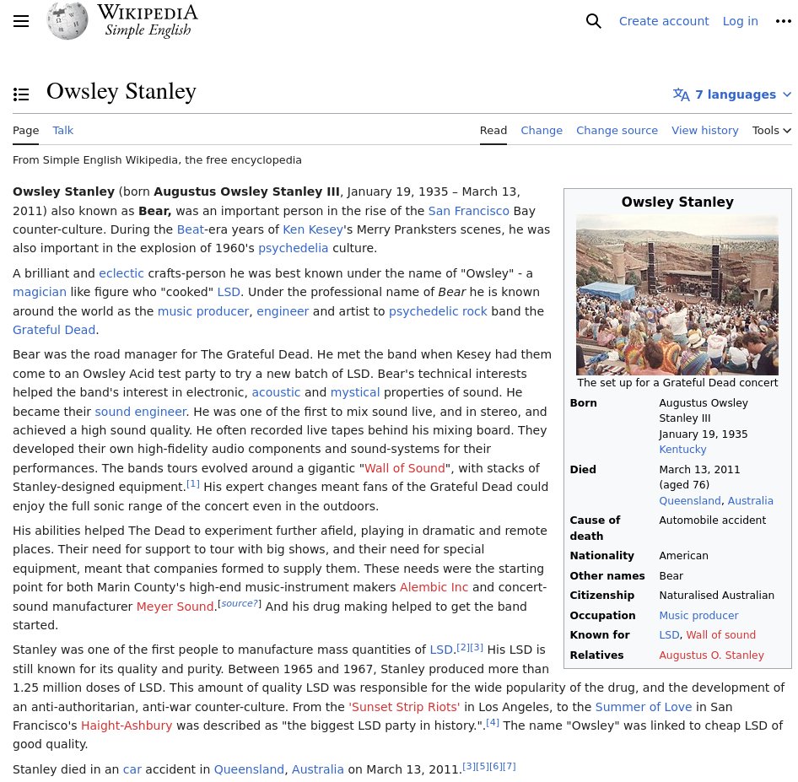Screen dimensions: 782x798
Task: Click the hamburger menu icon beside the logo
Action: [x=21, y=21]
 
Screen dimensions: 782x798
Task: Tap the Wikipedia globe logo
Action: [x=67, y=21]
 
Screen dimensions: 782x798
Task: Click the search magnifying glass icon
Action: [x=594, y=21]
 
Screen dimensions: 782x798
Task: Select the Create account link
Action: [x=664, y=21]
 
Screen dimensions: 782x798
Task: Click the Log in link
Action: [x=740, y=21]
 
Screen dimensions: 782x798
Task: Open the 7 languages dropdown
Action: [x=732, y=94]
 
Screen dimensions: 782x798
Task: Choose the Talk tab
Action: [x=62, y=130]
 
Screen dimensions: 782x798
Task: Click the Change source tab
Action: [x=617, y=130]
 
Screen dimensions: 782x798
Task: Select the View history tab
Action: [x=704, y=130]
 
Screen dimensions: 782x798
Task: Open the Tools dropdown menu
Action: [x=771, y=130]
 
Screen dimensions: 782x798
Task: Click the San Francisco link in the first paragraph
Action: [x=468, y=211]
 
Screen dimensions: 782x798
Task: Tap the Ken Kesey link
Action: [x=313, y=229]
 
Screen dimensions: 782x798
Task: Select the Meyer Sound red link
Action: [x=175, y=607]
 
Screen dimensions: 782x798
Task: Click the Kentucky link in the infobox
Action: [x=682, y=450]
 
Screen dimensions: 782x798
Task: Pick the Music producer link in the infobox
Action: [x=698, y=616]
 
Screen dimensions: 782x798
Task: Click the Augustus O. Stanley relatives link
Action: [x=711, y=655]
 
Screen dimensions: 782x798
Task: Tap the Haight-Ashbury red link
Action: [x=127, y=725]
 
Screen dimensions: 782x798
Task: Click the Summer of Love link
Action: [x=643, y=707]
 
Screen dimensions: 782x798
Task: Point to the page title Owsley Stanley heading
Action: [x=121, y=92]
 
